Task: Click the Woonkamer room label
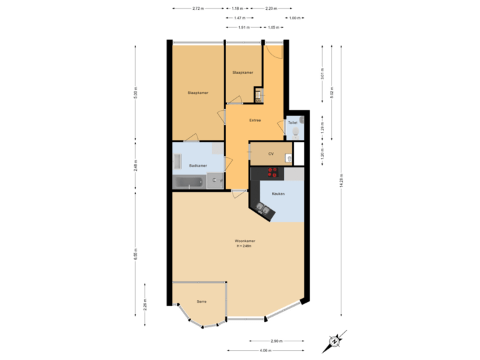[245, 241]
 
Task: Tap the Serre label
[201, 301]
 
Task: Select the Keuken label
[278, 193]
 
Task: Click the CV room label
[271, 153]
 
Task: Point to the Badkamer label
[198, 165]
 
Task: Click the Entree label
[255, 121]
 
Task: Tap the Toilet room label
[292, 123]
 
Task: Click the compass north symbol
[334, 341]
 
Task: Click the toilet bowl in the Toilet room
[295, 133]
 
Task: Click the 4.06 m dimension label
[265, 350]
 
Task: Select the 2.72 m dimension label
[197, 9]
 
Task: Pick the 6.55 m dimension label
[135, 255]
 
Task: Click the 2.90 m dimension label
[275, 340]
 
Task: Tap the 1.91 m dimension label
[244, 27]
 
